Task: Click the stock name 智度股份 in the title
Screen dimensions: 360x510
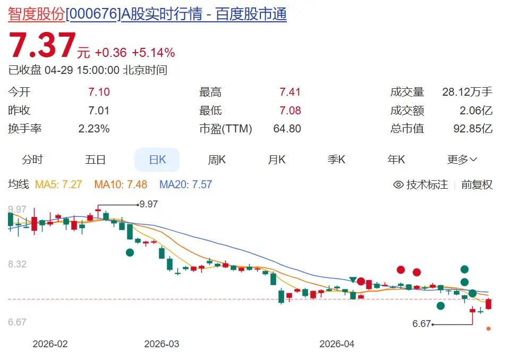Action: click(36, 14)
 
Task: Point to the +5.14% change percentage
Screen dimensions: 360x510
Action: click(153, 53)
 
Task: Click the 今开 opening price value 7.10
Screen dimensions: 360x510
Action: click(99, 92)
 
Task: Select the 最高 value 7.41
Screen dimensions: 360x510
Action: click(290, 92)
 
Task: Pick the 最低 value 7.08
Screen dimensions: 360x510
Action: click(290, 111)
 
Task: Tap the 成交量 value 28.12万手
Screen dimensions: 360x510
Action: click(467, 92)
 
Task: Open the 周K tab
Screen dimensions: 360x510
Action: click(217, 160)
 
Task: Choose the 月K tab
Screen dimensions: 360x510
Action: click(276, 160)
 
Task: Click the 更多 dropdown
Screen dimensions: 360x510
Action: click(462, 160)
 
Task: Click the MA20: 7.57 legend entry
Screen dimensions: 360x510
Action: click(185, 185)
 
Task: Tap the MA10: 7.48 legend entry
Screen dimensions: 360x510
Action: click(121, 185)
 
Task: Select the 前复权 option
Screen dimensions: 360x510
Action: click(477, 185)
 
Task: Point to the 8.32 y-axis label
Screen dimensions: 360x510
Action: click(17, 264)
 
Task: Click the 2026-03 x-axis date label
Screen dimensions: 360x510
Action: click(161, 344)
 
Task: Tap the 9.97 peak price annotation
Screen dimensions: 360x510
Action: click(148, 204)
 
